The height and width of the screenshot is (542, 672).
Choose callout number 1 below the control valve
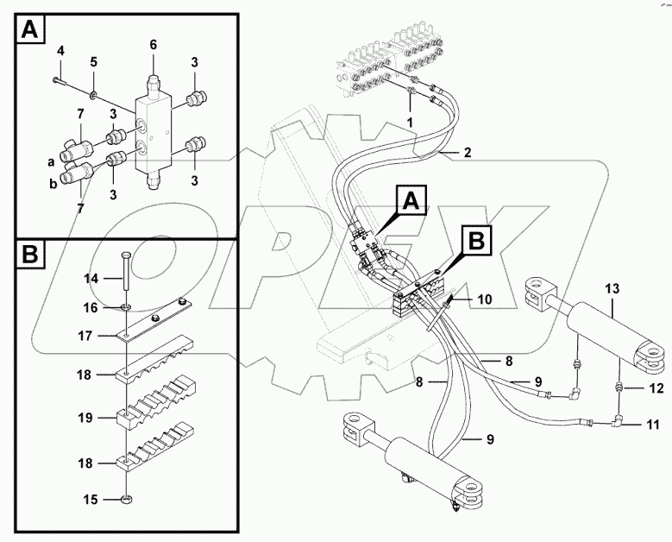(411, 123)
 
